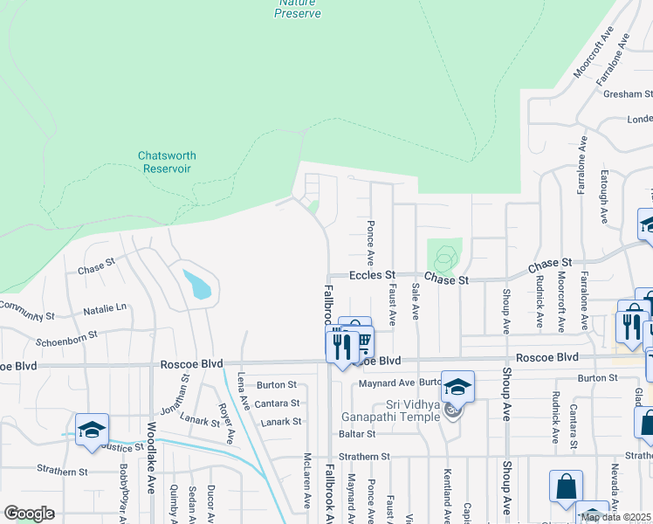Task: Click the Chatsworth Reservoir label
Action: coord(167,162)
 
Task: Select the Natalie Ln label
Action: coord(105,308)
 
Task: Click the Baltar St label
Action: coord(357,433)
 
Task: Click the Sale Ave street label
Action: coord(416,301)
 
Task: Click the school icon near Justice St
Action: coord(92,431)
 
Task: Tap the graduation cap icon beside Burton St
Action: coord(457,385)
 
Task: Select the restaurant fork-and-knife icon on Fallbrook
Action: coord(341,345)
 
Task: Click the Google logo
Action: coord(29,513)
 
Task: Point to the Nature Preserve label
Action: coord(298,9)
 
